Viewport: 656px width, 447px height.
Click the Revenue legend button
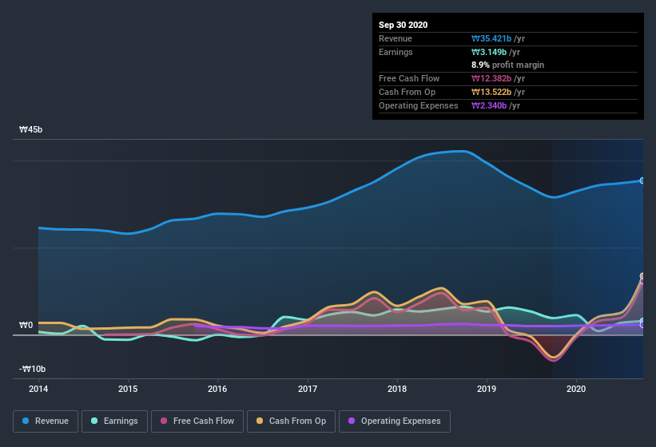click(x=46, y=421)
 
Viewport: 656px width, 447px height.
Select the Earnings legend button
click(x=113, y=421)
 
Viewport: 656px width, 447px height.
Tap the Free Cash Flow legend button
click(x=198, y=421)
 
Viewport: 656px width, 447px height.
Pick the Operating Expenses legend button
click(x=394, y=421)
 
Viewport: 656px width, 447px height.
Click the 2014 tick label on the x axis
click(x=38, y=390)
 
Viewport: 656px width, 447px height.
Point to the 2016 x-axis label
click(x=217, y=390)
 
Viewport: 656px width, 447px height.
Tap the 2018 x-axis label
click(x=397, y=390)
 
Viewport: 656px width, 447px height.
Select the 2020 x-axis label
click(x=576, y=390)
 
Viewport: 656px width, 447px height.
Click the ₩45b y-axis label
click(x=31, y=129)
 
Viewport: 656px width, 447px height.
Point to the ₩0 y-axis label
click(x=26, y=325)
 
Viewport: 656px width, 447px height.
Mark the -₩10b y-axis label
click(x=33, y=369)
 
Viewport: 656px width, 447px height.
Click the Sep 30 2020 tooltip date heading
click(x=404, y=25)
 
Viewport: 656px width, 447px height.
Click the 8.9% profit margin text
click(x=508, y=65)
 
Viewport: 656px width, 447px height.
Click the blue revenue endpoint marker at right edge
click(x=642, y=180)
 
